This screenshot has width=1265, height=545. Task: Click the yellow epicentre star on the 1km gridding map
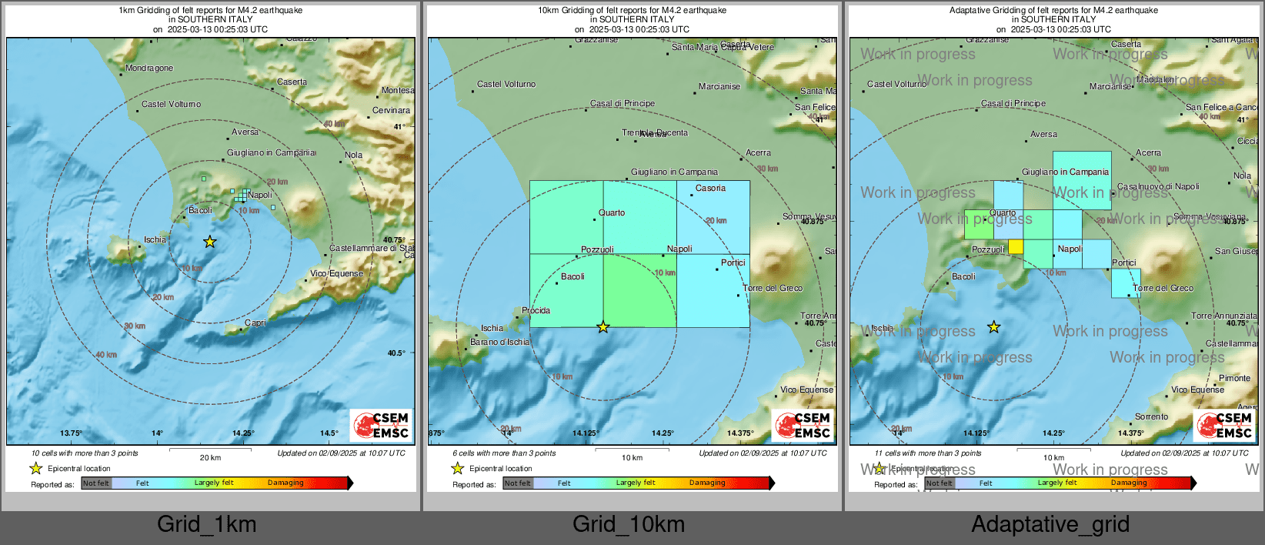[x=210, y=242]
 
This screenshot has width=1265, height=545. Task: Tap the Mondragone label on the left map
[x=149, y=69]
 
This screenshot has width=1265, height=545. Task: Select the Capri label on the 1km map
[x=255, y=323]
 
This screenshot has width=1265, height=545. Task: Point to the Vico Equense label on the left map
[x=337, y=273]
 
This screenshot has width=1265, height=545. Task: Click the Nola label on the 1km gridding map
[x=353, y=155]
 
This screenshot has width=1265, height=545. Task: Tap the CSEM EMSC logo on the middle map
[x=803, y=425]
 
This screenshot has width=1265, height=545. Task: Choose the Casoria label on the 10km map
[x=710, y=188]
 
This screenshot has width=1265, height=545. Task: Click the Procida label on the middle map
[x=536, y=311]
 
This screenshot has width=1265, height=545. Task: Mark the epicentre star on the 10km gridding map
[x=603, y=327]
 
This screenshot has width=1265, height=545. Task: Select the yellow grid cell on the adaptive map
[x=1016, y=246]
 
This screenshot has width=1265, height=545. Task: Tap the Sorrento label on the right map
[x=1151, y=417]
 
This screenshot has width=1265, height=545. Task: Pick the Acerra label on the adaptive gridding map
[x=1148, y=153]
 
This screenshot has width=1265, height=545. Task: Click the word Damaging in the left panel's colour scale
[x=285, y=483]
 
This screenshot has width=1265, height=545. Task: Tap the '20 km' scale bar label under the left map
[x=210, y=458]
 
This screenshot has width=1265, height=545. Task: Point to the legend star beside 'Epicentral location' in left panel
[x=36, y=468]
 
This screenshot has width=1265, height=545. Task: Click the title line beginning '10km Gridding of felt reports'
[x=632, y=11]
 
